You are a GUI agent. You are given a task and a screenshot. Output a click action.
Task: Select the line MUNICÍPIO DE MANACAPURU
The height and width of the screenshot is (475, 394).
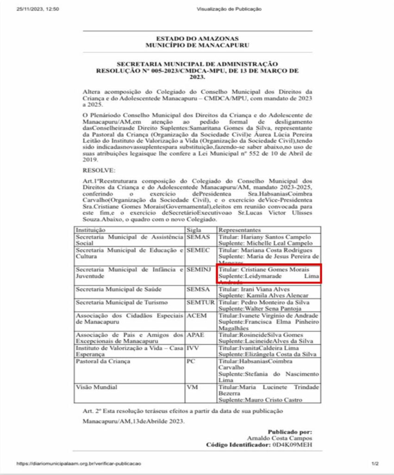pyautogui.click(x=197, y=45)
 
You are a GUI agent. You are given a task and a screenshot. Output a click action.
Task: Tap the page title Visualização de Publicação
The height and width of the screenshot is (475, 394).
pyautogui.click(x=229, y=9)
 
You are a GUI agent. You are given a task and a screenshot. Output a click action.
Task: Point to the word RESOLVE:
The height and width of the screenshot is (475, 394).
pyautogui.click(x=96, y=171)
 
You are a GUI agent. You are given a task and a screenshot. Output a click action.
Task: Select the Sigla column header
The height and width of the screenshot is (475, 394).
pyautogui.click(x=194, y=230)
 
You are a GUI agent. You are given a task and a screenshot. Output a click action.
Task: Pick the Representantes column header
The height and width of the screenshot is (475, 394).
pyautogui.click(x=239, y=230)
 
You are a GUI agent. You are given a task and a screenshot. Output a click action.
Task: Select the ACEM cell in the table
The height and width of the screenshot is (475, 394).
pyautogui.click(x=196, y=315)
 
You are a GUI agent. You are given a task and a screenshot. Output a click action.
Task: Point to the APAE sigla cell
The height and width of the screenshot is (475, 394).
pyautogui.click(x=196, y=335)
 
